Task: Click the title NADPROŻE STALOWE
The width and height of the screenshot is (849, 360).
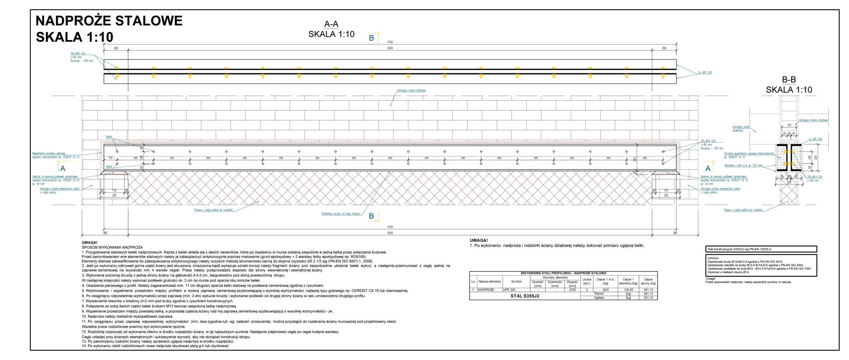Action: [x=109, y=21]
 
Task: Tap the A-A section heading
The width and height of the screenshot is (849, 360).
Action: [x=331, y=24]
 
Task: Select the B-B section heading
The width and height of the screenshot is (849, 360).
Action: [x=789, y=80]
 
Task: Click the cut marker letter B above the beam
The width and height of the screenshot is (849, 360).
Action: [x=371, y=38]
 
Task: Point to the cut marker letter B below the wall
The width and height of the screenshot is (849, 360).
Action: [x=371, y=216]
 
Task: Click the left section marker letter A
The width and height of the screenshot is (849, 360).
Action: [x=63, y=168]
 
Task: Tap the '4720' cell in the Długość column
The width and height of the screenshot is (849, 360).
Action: [x=572, y=290]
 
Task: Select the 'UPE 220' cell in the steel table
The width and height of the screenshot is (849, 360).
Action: [x=509, y=290]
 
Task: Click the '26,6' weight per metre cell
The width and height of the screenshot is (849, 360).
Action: [x=605, y=290]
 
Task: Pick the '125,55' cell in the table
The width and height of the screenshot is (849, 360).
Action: [x=628, y=290]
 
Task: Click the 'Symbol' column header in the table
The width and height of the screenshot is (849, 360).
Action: [x=516, y=281]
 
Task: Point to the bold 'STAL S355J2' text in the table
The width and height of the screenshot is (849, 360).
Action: [x=525, y=296]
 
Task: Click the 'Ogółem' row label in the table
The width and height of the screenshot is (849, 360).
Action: [x=599, y=298]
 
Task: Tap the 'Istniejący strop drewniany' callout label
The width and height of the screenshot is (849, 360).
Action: [x=741, y=129]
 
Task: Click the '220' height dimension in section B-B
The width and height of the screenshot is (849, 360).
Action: [x=816, y=157]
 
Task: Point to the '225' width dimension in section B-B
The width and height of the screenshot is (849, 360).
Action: [x=789, y=182]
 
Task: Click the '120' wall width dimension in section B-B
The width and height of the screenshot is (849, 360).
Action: [x=789, y=125]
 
